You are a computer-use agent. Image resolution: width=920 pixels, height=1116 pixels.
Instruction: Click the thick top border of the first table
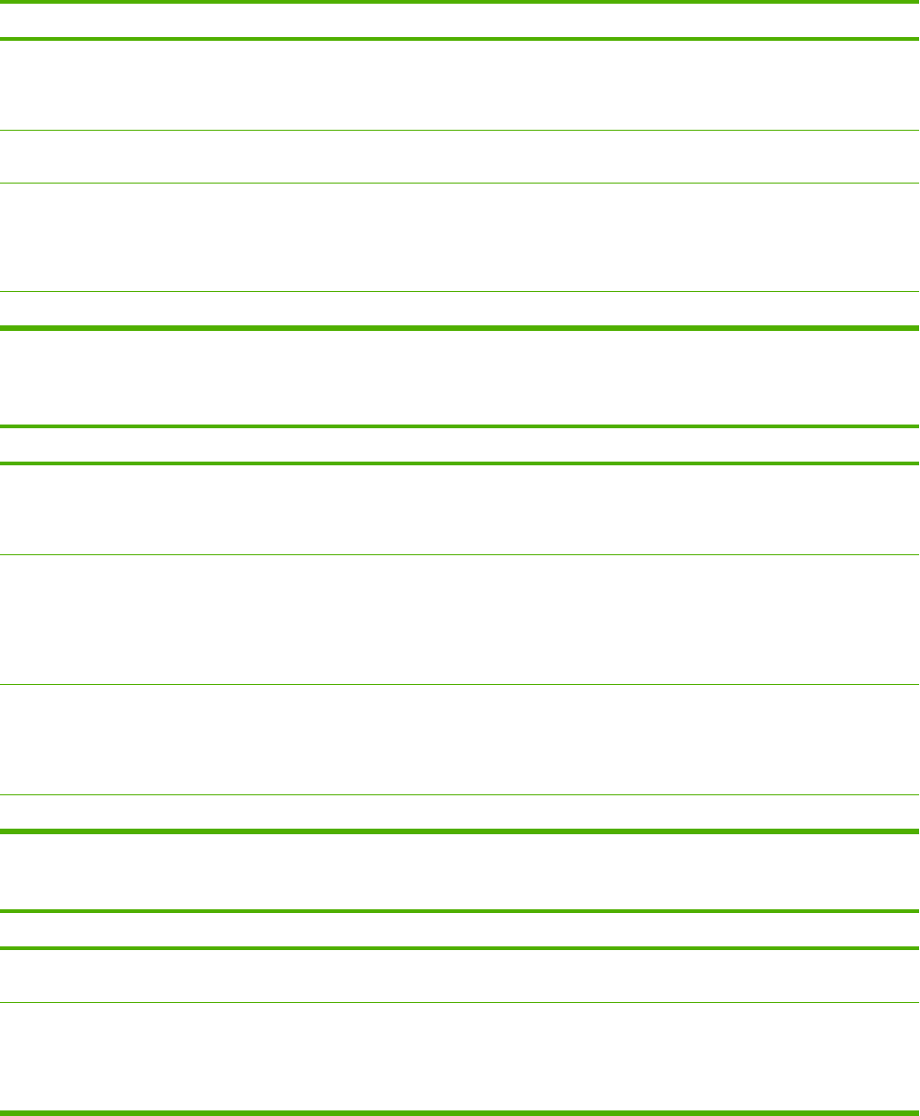point(460,3)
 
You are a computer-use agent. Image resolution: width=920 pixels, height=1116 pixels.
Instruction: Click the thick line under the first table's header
point(460,39)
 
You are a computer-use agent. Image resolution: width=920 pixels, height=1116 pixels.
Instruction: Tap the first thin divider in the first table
point(460,130)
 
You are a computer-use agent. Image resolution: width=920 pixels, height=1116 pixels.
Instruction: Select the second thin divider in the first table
point(460,183)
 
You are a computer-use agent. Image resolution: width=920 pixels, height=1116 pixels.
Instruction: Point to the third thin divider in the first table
point(460,293)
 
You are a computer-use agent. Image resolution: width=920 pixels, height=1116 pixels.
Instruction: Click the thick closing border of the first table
point(460,327)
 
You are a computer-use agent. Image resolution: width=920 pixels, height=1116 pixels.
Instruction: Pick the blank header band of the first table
point(460,20)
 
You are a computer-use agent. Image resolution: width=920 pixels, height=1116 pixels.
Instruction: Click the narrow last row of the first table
point(460,310)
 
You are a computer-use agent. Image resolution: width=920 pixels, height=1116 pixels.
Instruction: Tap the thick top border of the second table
point(460,426)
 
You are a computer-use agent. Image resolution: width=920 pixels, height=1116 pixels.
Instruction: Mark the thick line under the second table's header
point(460,463)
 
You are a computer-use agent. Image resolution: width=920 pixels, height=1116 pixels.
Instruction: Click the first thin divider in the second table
point(460,554)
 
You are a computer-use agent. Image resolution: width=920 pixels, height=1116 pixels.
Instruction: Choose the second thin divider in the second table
point(460,684)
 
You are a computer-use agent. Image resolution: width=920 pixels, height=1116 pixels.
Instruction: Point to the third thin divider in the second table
point(460,794)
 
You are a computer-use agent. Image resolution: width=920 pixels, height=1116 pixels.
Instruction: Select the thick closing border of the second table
point(460,830)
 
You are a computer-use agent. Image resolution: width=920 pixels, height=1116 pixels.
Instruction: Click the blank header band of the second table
point(460,445)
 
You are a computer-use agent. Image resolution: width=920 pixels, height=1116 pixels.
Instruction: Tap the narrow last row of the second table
point(460,812)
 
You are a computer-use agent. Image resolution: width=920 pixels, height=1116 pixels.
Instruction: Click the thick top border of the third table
point(460,911)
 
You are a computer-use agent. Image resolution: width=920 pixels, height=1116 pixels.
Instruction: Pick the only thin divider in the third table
point(460,1002)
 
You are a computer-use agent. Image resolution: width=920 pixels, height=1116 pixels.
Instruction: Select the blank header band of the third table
point(460,930)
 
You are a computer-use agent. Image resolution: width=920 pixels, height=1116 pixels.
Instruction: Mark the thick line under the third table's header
point(460,947)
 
